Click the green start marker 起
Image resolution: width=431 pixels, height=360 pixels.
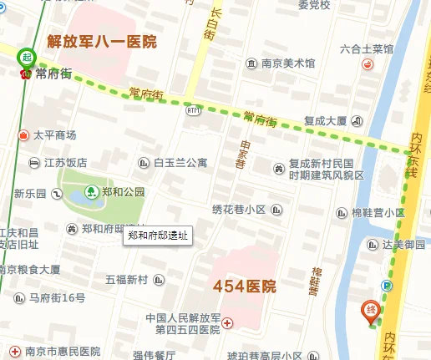[x=27, y=57]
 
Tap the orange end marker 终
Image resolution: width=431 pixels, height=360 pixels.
[x=371, y=311]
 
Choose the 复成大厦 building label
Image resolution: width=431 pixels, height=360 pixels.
[x=325, y=120]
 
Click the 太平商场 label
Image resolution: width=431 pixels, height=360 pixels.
[x=54, y=134]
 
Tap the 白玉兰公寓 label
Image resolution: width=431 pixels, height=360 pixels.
[x=180, y=163]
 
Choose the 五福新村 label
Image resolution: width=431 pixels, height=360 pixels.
[x=126, y=279]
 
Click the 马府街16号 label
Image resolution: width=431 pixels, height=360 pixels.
[x=57, y=298]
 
